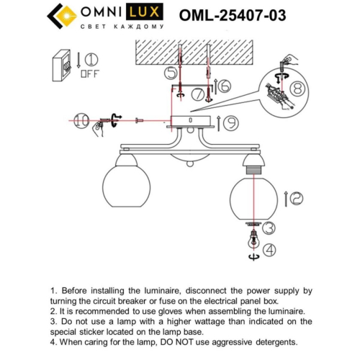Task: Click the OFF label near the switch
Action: (90, 73)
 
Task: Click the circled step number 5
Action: (171, 73)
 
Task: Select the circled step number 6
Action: (224, 86)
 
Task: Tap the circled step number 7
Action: (197, 94)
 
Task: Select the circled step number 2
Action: (296, 196)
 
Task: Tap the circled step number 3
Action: (268, 228)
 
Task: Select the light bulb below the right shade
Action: (253, 242)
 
